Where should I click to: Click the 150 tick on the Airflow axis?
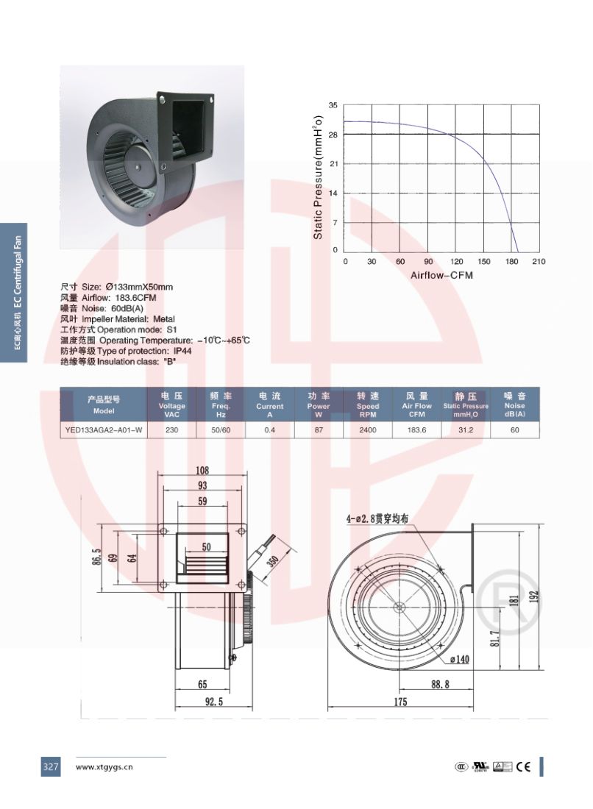click(x=483, y=262)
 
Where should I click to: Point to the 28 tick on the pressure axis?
click(x=333, y=135)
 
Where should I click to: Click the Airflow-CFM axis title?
click(x=441, y=275)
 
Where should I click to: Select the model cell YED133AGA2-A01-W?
click(x=104, y=430)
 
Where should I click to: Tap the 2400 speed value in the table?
click(x=367, y=430)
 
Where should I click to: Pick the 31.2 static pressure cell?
click(x=466, y=430)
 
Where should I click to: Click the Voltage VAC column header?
click(x=171, y=404)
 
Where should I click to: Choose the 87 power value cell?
click(x=319, y=430)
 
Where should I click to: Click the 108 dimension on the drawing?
click(x=202, y=470)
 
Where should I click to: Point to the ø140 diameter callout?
click(x=459, y=659)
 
